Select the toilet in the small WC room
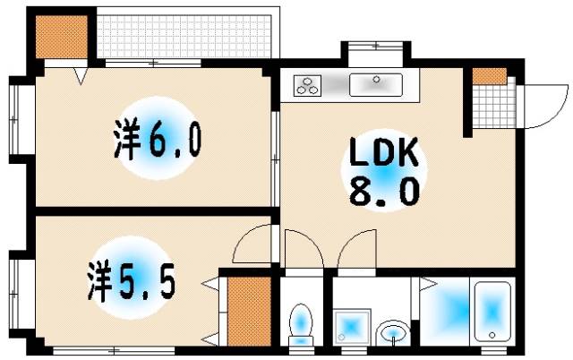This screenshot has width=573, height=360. pos(300,323)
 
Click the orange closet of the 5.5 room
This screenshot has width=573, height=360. pos(248,311)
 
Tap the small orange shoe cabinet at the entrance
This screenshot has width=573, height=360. pos(487,77)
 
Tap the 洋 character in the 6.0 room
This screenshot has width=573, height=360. pos(128,141)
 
